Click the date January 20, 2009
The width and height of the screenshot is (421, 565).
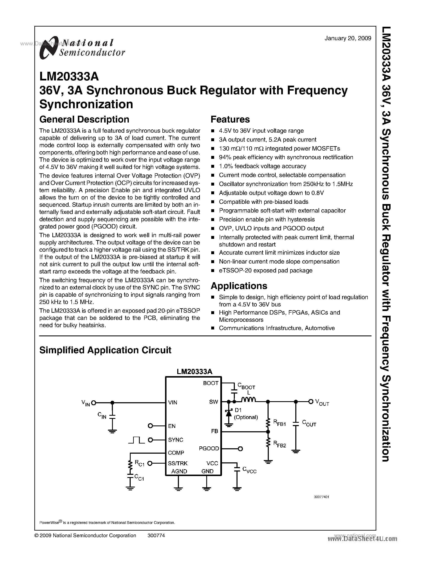click(x=348, y=38)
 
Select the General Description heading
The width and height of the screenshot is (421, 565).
click(x=84, y=119)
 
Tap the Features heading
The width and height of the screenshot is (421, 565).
click(x=230, y=119)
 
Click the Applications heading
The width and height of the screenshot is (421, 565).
click(x=239, y=286)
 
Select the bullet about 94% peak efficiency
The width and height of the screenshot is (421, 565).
click(x=286, y=157)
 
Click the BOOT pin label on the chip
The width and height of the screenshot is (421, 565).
click(x=210, y=383)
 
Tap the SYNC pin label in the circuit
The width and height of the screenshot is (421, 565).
click(x=176, y=440)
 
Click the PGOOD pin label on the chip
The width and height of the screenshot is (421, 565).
click(x=209, y=448)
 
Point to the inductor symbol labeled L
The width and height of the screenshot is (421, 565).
click(x=248, y=400)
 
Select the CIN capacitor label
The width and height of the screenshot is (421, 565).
click(x=102, y=416)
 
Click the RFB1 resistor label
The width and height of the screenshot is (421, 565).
click(x=280, y=423)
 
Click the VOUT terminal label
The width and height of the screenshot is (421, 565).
click(x=322, y=402)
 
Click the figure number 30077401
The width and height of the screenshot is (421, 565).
click(x=321, y=497)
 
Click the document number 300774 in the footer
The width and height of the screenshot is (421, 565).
click(x=156, y=535)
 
